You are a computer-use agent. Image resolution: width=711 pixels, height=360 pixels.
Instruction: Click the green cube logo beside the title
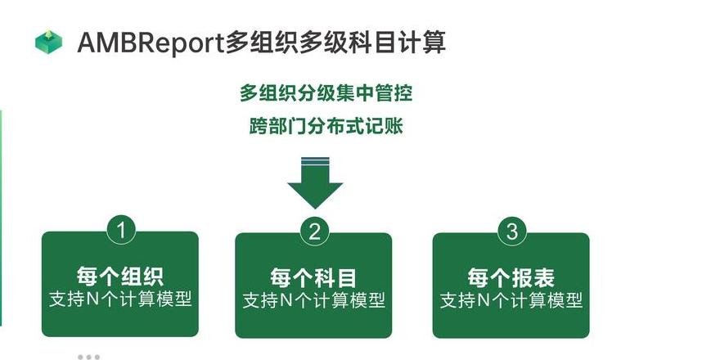(x=48, y=43)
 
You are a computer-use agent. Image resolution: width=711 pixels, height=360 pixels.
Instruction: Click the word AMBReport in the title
(x=151, y=43)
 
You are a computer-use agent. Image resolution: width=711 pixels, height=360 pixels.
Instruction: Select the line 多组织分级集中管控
(x=326, y=93)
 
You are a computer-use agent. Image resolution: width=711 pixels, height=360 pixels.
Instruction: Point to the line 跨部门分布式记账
(x=326, y=126)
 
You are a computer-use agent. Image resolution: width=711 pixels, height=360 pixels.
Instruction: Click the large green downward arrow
(x=315, y=182)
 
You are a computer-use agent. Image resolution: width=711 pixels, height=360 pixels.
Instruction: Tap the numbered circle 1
(x=121, y=231)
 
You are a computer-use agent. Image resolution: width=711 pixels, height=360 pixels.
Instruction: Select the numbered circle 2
(x=314, y=232)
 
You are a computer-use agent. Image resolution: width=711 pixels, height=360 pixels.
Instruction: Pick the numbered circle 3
(x=512, y=232)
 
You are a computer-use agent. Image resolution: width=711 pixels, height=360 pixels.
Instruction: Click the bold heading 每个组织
(x=120, y=276)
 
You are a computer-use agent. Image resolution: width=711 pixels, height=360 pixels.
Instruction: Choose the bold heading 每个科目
(x=313, y=277)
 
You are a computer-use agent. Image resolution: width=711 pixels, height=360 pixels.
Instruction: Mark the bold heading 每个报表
(x=511, y=277)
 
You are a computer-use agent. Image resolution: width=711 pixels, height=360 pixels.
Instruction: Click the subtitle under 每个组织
(x=120, y=299)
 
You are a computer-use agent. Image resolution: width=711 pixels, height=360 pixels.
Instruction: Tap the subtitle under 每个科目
(x=314, y=300)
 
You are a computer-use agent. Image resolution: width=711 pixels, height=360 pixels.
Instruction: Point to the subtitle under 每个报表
(x=511, y=300)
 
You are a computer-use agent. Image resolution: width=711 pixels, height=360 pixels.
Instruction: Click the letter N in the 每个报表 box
(x=484, y=300)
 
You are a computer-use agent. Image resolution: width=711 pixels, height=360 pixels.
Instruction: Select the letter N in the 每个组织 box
(x=93, y=299)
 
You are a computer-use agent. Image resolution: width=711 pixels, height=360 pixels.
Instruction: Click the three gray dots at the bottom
(x=89, y=358)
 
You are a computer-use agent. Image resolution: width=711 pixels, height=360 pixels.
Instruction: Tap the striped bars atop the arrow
(x=315, y=161)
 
